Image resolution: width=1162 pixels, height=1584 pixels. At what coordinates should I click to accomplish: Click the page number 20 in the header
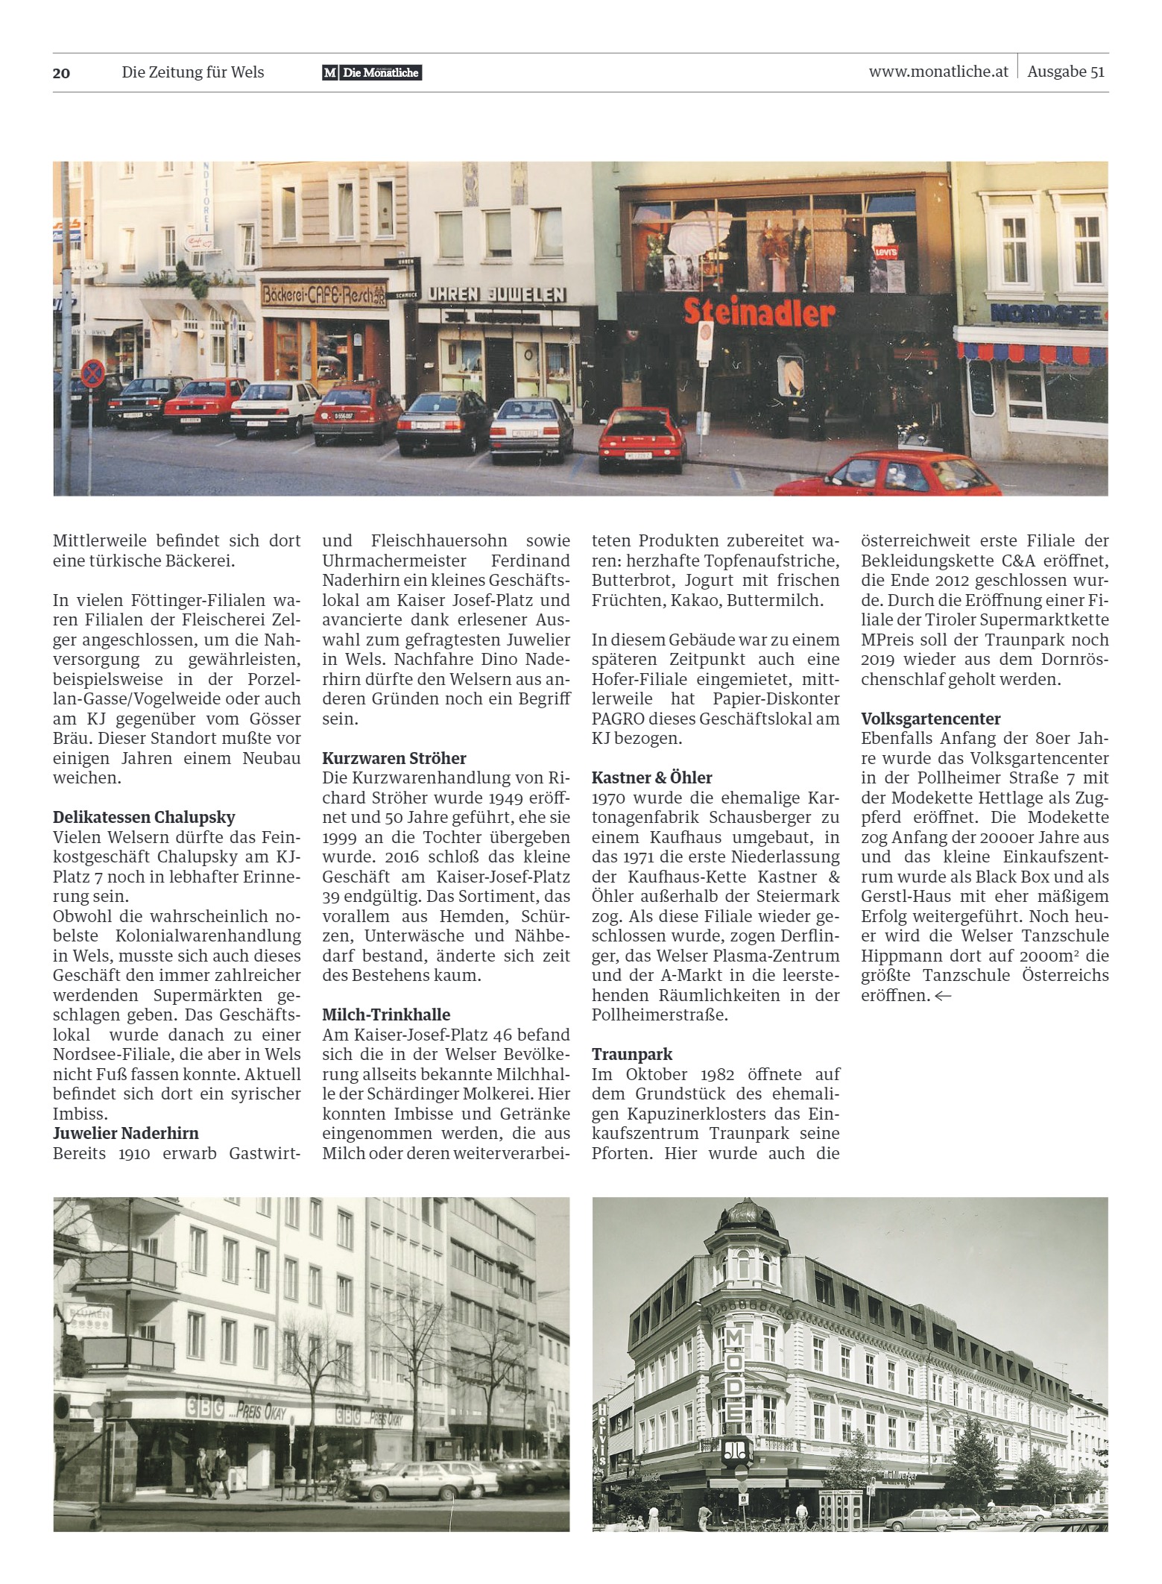point(61,73)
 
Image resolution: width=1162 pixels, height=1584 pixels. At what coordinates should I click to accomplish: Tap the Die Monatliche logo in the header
point(372,73)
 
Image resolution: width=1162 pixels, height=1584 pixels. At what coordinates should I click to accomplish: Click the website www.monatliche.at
point(938,72)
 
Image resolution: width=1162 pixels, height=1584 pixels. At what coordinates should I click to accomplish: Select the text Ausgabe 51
point(1065,72)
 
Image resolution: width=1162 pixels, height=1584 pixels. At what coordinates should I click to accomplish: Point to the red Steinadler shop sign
point(758,314)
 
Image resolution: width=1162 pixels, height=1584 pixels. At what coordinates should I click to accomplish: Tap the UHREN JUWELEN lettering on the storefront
point(496,294)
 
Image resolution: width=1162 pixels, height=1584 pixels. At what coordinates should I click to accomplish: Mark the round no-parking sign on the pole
point(92,373)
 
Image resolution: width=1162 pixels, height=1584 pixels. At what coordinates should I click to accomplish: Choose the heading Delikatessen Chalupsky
point(144,817)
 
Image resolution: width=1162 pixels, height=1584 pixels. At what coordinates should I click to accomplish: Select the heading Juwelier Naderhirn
point(126,1133)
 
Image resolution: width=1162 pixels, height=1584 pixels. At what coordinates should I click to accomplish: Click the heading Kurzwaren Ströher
point(394,758)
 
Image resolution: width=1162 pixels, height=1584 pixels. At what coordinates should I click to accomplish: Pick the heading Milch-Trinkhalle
point(386,1015)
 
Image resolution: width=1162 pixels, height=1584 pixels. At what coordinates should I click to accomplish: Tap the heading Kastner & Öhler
point(652,777)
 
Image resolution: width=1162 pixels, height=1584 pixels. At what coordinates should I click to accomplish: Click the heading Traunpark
point(632,1054)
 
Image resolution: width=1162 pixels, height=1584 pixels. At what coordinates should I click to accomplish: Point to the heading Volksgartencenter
point(931,719)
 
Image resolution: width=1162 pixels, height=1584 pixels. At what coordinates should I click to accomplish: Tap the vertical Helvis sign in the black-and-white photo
point(601,1432)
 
